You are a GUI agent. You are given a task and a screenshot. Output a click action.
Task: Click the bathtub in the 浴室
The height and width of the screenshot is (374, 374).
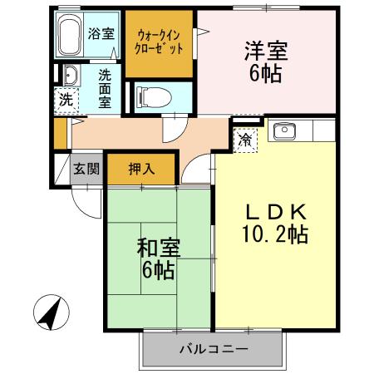pos(69,35)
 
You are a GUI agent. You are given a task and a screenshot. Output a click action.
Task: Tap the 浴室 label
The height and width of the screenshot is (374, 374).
pos(101,33)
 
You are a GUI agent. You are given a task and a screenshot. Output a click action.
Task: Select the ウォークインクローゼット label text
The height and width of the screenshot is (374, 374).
pos(159,42)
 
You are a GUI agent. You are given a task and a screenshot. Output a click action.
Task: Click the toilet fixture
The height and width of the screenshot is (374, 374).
pos(155,97)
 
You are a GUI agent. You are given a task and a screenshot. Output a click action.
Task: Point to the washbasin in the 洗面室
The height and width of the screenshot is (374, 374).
pos(71,76)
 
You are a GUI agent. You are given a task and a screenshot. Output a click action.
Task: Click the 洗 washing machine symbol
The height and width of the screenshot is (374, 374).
pos(66,101)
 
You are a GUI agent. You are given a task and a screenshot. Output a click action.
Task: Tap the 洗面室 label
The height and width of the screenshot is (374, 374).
pos(105,89)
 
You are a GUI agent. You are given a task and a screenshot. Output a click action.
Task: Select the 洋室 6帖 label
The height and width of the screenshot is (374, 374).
pos(266,62)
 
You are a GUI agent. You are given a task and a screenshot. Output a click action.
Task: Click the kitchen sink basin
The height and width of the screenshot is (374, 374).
pos(284,131)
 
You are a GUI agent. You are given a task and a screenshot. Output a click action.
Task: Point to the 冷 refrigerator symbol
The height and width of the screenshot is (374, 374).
pos(245,140)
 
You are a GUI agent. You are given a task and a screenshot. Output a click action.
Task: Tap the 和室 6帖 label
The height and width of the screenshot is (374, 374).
pos(159,258)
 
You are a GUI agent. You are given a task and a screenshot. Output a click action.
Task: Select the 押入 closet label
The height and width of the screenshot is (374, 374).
pos(141,169)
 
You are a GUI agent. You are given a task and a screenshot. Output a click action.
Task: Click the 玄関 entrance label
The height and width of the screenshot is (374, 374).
pos(86,168)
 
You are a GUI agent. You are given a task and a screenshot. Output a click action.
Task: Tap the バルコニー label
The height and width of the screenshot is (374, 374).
pos(214,349)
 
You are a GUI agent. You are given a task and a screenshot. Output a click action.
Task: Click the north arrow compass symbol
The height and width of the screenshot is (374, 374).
pos(52,312)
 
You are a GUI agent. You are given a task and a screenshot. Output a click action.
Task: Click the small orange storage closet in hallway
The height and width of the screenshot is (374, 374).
pos(60,133)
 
